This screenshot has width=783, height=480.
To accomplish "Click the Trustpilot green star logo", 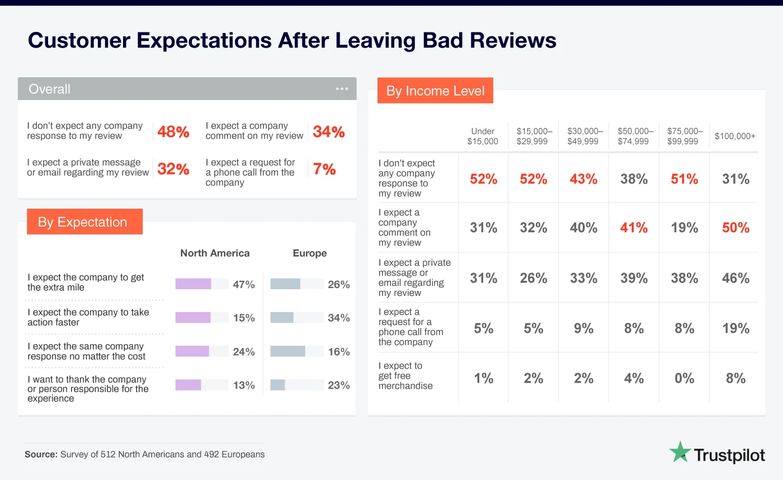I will click(680, 452).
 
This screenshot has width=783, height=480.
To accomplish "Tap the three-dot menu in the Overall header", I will click(342, 89).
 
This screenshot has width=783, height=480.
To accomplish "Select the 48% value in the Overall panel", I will click(173, 132).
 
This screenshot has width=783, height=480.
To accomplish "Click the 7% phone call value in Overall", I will click(324, 170).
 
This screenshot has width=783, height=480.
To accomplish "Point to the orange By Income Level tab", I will click(435, 91).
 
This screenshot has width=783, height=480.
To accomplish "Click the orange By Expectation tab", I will click(83, 222).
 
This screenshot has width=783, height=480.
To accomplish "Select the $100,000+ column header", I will click(735, 137).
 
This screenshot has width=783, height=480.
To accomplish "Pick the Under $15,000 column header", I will click(483, 137).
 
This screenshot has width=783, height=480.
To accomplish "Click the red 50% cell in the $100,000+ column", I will click(735, 228).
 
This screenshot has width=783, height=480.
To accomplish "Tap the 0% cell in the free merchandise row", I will click(685, 379).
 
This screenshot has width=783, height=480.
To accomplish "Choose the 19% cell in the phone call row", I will click(735, 328).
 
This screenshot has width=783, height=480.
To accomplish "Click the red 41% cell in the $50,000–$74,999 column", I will click(634, 228).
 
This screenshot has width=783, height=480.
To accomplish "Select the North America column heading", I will click(215, 253).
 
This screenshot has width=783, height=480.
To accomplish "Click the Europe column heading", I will click(309, 253).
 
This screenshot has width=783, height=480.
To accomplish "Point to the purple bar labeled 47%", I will click(193, 284).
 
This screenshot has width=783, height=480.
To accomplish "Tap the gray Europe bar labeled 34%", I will click(282, 318).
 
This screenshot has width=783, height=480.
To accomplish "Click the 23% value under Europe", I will click(338, 385).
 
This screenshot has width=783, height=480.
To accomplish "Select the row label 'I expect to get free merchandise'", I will click(405, 376).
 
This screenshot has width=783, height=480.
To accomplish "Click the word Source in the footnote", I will click(40, 454).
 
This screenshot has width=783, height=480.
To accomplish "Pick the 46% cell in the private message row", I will click(735, 278).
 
